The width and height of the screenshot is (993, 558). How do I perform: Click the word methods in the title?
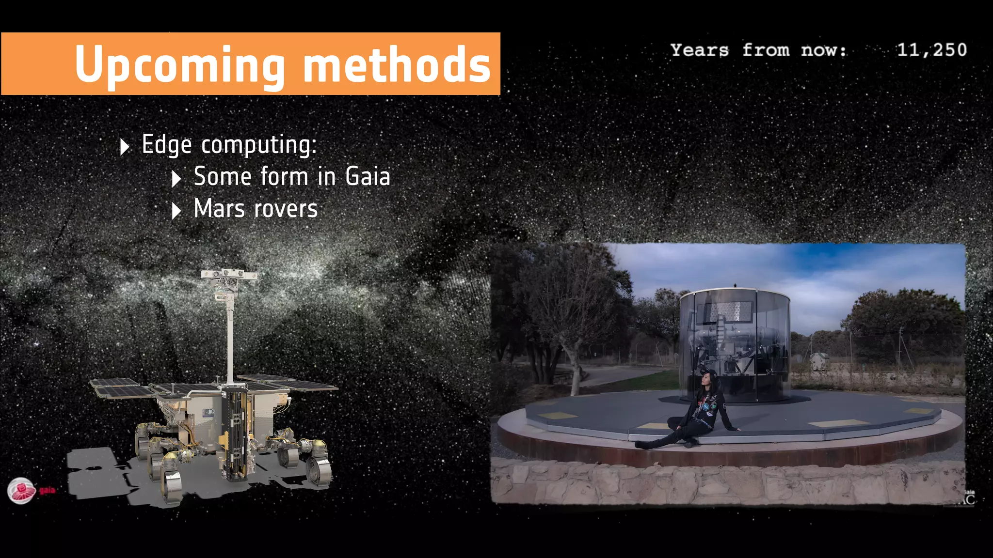coord(397,64)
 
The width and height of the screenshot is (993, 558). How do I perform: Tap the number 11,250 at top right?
coord(931,50)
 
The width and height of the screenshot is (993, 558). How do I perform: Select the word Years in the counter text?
coord(700,50)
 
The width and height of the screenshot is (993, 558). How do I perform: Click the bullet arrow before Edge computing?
coord(125,146)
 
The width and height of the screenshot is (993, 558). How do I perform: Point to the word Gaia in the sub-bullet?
coord(368,176)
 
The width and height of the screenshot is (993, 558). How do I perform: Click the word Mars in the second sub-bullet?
coord(219,209)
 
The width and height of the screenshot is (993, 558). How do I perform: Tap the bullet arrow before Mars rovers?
coord(176,211)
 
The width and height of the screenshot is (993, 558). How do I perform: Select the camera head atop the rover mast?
coord(228,276)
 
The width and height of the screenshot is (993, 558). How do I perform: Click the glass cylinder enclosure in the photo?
coord(735,344)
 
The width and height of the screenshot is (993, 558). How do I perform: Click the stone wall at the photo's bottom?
coord(727,484)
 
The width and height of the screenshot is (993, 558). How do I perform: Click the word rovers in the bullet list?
coord(286,209)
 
